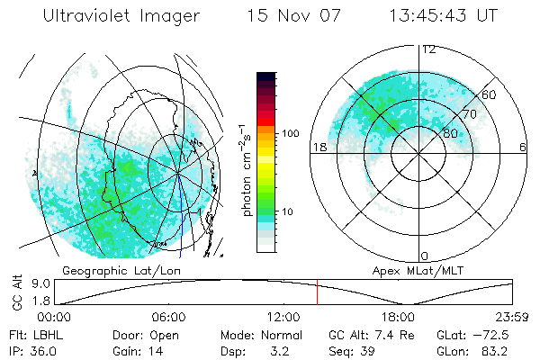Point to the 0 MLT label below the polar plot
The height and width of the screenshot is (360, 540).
[x=424, y=256]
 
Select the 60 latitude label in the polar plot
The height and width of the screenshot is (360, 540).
[x=490, y=94]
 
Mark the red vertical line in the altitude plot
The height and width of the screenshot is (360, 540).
[x=317, y=294]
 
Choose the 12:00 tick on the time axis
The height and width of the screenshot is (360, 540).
[x=283, y=317]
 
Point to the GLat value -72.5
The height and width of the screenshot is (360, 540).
[x=488, y=335]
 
